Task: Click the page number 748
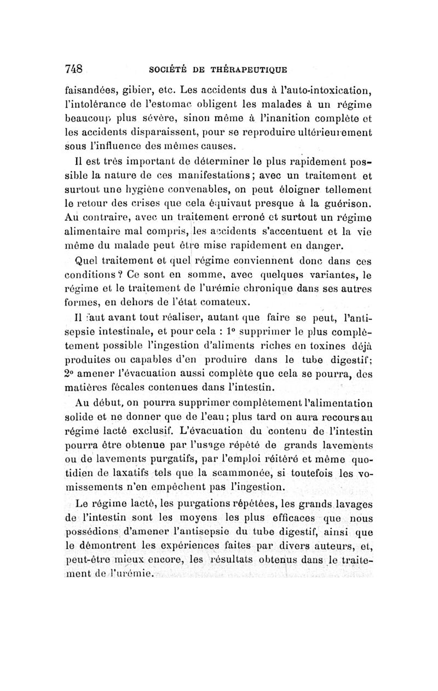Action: [x=73, y=69]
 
